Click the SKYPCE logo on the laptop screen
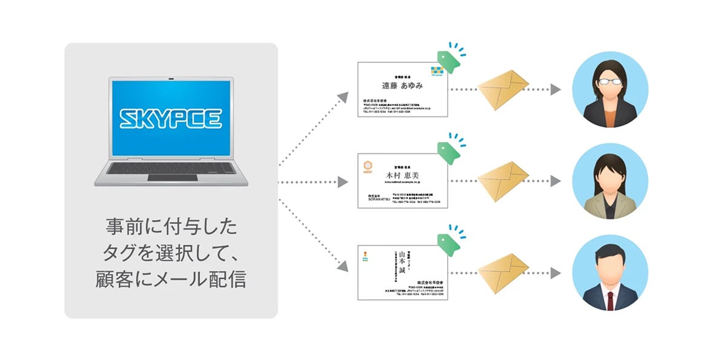pos(171,119)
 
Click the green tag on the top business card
pos(448,58)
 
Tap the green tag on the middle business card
pos(448,152)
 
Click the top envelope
pos(504,89)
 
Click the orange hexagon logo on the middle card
pos(367,165)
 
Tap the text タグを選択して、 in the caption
pos(171,255)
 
